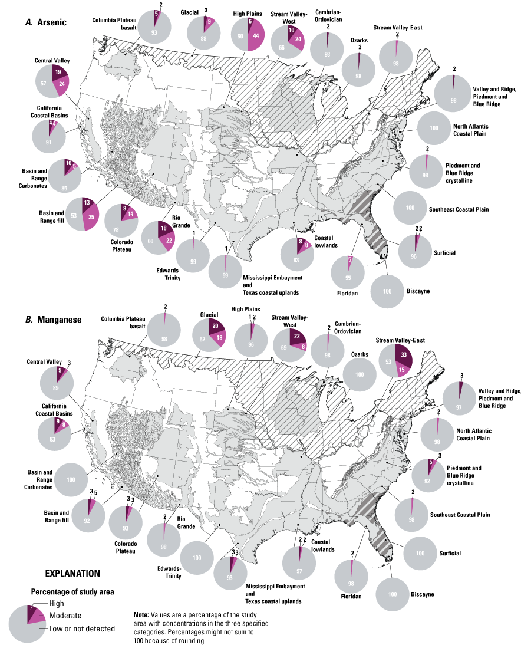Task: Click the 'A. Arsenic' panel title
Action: coord(45,22)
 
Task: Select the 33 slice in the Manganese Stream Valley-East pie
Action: coord(402,356)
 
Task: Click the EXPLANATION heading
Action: coord(72,573)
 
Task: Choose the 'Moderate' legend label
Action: coord(65,615)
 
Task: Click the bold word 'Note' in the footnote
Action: coord(143,614)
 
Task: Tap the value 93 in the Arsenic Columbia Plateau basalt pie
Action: coord(154,32)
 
